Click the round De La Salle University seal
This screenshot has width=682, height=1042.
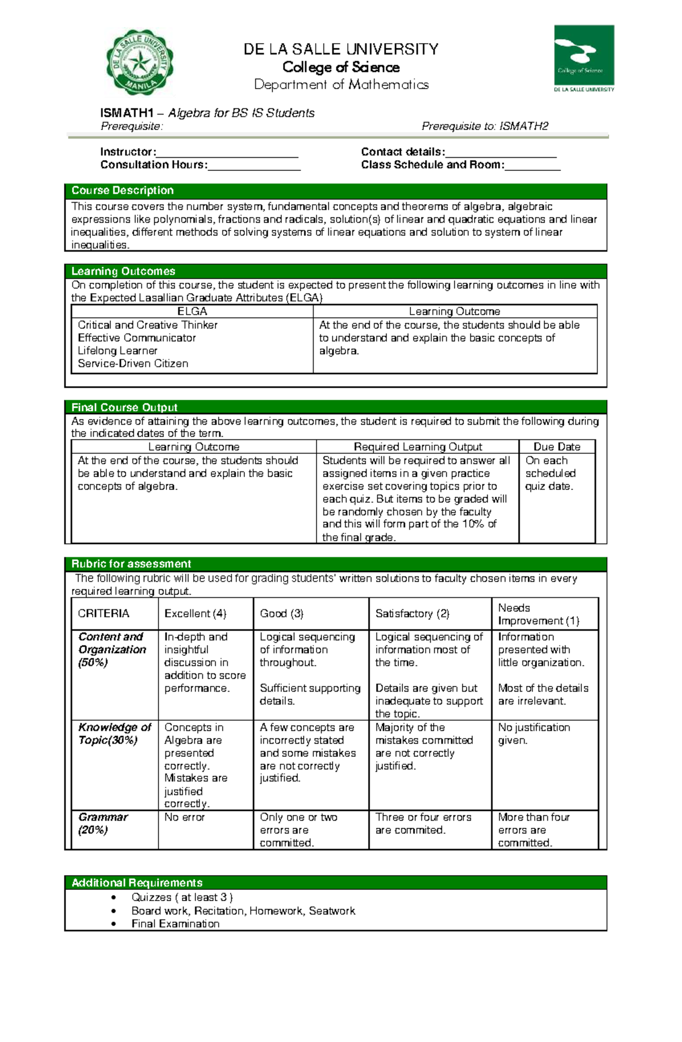click(140, 62)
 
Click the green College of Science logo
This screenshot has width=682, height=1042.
click(584, 57)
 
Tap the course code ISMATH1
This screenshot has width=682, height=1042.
click(127, 113)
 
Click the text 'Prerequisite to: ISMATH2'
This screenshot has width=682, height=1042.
click(484, 126)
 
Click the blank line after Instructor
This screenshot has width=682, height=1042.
click(227, 152)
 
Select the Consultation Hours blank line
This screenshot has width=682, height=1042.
click(254, 165)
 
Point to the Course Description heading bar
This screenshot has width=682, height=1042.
click(335, 191)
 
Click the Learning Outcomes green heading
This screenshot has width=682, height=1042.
click(335, 271)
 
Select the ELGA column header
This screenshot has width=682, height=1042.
click(192, 311)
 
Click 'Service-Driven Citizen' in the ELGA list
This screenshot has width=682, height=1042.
click(133, 363)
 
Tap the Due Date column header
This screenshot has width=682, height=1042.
click(556, 447)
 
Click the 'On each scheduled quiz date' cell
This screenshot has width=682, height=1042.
click(550, 473)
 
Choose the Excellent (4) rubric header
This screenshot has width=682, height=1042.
click(195, 613)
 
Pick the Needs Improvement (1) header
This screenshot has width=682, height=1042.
click(538, 614)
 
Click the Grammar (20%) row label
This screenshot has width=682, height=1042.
click(103, 823)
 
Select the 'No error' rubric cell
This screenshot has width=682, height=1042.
click(184, 817)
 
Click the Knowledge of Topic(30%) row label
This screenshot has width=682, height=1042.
click(114, 734)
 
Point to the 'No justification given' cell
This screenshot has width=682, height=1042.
click(534, 734)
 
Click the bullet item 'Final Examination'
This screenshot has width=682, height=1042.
click(175, 924)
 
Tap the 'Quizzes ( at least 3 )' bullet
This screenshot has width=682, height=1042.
click(182, 897)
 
